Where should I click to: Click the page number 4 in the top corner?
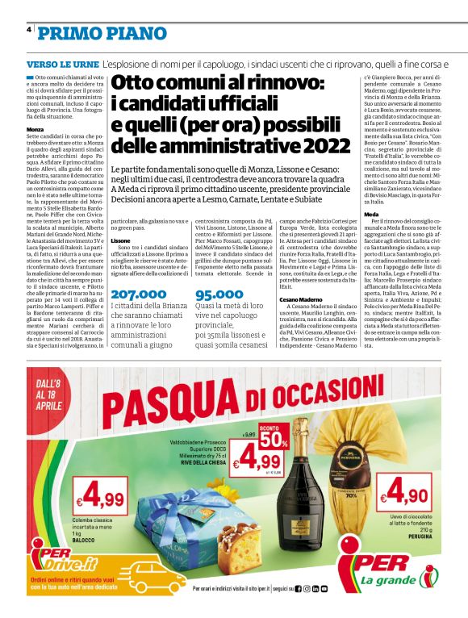[29, 31]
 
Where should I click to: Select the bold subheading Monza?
[35, 129]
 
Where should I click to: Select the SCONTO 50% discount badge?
[274, 436]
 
